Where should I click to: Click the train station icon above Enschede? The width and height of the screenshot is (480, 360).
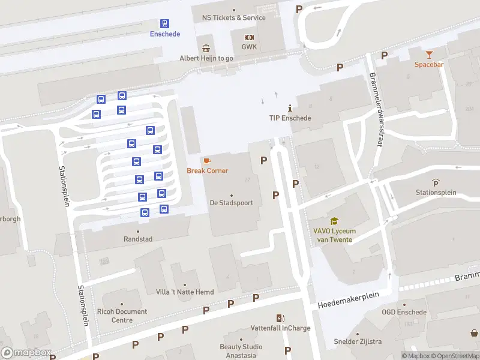(164, 23)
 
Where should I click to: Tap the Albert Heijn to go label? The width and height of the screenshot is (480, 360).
(206, 58)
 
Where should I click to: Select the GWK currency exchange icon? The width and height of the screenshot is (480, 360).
(249, 37)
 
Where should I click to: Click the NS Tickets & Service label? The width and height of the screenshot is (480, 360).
(233, 17)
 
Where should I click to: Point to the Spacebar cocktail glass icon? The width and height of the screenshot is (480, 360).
(428, 55)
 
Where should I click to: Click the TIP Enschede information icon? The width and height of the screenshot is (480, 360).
(290, 108)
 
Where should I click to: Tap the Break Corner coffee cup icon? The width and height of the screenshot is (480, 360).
(207, 161)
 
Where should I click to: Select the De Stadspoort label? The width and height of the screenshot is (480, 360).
(231, 203)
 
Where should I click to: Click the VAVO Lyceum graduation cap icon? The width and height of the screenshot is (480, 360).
(334, 221)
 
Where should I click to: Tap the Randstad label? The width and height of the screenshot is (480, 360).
(138, 239)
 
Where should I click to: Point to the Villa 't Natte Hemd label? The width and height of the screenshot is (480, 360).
(184, 292)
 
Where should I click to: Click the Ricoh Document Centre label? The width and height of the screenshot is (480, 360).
(121, 316)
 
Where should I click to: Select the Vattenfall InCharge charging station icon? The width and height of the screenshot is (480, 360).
(280, 318)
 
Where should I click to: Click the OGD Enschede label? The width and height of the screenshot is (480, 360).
(404, 312)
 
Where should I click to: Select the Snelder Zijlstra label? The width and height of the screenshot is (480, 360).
(358, 341)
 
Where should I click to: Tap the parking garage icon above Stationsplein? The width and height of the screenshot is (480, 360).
(436, 182)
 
